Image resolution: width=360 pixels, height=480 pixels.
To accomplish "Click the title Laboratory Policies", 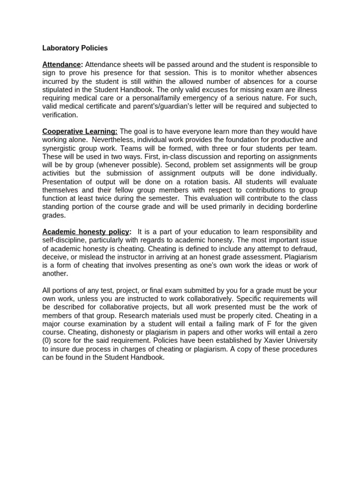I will (75, 48).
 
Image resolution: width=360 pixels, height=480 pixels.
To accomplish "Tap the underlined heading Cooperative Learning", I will (80, 131).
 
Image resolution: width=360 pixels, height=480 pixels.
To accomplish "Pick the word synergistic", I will (60, 148).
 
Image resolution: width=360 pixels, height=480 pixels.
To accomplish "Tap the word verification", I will (60, 115).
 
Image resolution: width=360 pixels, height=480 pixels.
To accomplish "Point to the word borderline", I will (299, 207).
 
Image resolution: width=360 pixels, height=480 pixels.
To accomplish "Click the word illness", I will (306, 90).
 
